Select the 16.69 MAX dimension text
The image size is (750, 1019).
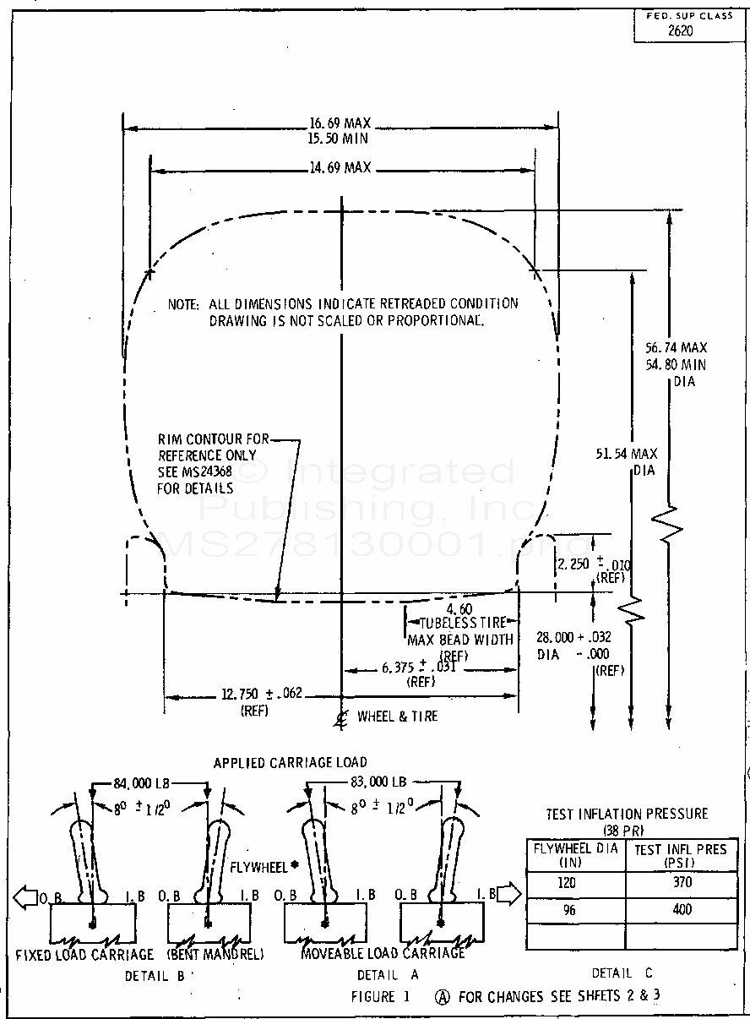pyautogui.click(x=340, y=123)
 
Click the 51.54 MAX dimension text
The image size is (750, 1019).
pyautogui.click(x=626, y=454)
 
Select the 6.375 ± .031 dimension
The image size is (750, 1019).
pyautogui.click(x=420, y=668)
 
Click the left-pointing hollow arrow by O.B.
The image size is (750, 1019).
pyautogui.click(x=25, y=895)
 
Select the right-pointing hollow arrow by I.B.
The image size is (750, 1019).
pyautogui.click(x=509, y=894)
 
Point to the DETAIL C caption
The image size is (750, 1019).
pyautogui.click(x=622, y=973)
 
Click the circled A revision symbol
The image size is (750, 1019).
pyautogui.click(x=442, y=996)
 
